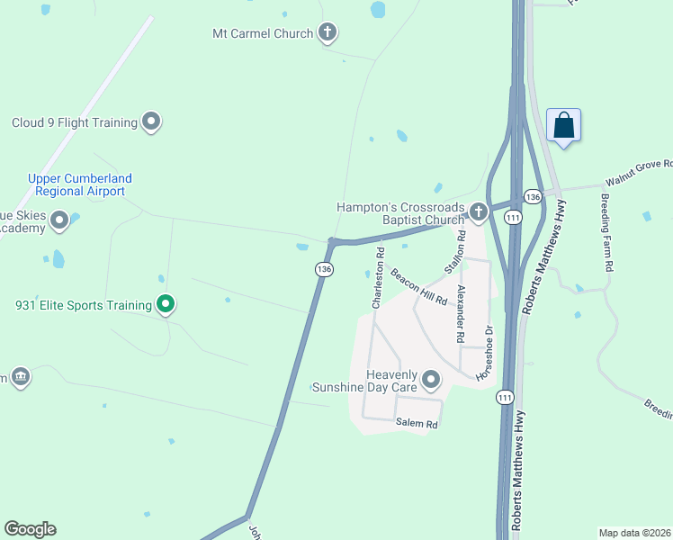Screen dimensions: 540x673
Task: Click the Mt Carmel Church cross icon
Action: coord(328,33)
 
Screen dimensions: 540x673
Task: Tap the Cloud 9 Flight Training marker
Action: coord(151,121)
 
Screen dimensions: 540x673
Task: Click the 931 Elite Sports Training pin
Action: coord(166,305)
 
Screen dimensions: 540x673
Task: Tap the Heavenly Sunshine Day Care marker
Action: coord(431,379)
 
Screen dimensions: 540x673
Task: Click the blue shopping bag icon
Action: coord(564,124)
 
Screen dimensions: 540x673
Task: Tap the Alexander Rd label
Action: coord(461,314)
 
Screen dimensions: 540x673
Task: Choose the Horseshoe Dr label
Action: coord(486,351)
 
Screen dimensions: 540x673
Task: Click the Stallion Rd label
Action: coord(455,252)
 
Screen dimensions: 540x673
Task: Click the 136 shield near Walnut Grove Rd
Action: coord(533,196)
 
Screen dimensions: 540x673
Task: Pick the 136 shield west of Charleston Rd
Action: coord(324,269)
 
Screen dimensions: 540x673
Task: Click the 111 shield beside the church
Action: coord(512,218)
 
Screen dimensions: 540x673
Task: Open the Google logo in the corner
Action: coord(31,529)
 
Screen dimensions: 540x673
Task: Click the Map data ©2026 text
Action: coord(634,532)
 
